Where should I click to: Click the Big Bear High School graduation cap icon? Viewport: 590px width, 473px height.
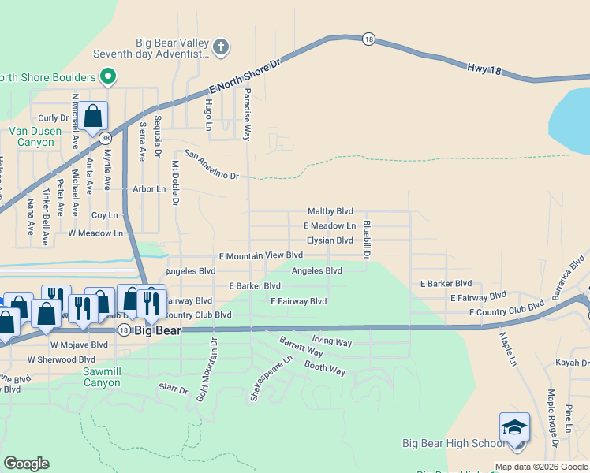click(x=514, y=428)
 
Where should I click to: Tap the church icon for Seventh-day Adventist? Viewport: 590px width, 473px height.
click(x=221, y=47)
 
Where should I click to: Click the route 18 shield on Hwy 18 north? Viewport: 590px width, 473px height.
click(x=368, y=39)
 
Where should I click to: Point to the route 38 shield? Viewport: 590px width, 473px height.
click(x=106, y=137)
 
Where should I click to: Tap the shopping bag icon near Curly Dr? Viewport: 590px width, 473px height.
click(x=92, y=117)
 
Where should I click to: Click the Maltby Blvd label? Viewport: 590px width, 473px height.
click(x=330, y=212)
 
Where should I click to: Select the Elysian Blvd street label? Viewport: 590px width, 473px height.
click(x=330, y=240)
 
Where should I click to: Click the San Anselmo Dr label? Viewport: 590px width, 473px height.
click(x=211, y=165)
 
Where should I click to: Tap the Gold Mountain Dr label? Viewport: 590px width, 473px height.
click(x=213, y=368)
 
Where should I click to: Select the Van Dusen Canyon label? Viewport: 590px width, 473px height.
click(x=32, y=136)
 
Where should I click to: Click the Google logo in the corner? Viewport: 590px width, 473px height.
click(x=26, y=464)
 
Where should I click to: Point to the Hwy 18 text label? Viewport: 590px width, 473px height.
click(x=484, y=69)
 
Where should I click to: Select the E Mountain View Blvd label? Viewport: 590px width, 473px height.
click(x=261, y=255)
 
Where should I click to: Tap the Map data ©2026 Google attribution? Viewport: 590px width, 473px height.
click(x=541, y=467)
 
